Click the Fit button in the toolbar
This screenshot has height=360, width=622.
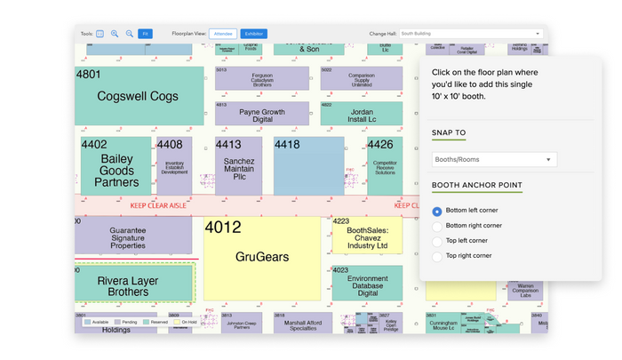point(145,34)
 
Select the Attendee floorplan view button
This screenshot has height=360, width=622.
point(223,34)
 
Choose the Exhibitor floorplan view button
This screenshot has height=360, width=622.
point(253,34)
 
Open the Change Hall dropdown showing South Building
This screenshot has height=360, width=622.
point(470,34)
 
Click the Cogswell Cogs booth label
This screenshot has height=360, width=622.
point(138,96)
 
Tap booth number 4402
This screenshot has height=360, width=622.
point(93,144)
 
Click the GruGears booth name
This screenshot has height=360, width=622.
point(261,257)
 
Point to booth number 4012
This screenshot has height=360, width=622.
point(223,228)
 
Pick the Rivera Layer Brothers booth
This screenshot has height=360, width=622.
point(134,285)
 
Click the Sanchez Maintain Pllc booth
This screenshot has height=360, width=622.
point(239,168)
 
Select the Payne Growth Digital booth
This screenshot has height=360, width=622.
point(262,115)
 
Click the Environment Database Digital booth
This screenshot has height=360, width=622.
point(361,285)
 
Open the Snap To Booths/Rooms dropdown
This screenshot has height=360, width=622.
point(493,160)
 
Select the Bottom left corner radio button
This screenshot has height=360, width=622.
point(437,211)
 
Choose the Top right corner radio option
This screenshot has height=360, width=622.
point(437,256)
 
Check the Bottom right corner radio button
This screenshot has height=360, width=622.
point(437,226)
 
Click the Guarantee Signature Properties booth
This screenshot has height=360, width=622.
point(133,236)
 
